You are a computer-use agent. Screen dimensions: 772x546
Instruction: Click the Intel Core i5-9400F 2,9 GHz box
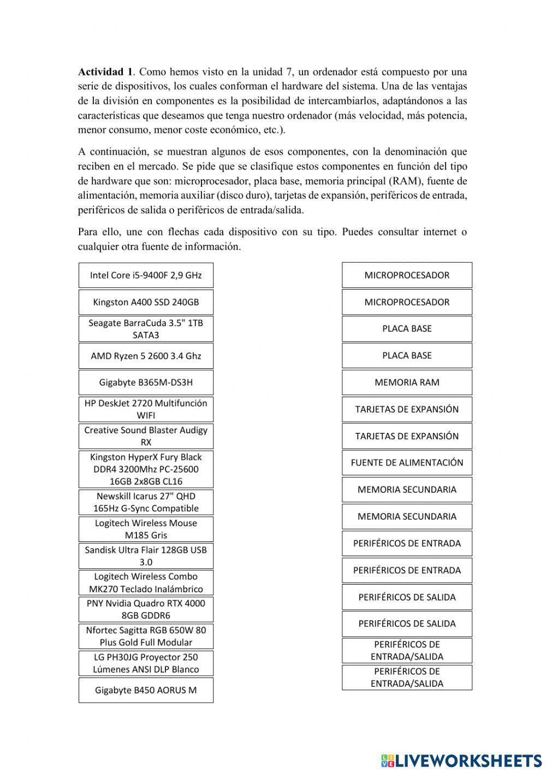146,275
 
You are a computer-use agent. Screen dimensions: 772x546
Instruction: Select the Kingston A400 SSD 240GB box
146,302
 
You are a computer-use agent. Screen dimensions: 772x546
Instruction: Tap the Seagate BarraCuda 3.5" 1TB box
146,329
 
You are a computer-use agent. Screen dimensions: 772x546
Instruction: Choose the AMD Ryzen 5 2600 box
146,356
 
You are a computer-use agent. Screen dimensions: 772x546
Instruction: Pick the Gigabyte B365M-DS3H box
146,382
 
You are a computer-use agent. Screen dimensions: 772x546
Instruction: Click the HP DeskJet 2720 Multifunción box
146,409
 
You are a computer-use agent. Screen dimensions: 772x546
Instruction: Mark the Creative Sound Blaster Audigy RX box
146,436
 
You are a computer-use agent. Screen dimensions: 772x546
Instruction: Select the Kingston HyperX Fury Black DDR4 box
146,469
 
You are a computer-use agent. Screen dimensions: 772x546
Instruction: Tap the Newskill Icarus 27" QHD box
146,502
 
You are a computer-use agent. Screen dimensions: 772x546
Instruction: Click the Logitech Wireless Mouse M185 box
146,529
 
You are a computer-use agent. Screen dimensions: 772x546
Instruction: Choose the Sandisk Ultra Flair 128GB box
146,556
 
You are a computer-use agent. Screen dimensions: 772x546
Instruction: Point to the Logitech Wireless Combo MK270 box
146,582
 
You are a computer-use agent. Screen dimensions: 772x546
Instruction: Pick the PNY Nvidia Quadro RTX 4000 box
146,609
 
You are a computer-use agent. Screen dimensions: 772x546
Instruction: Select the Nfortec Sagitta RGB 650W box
146,636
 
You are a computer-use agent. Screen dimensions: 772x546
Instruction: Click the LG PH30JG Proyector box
146,663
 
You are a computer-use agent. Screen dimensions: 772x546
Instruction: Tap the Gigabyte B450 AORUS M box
146,690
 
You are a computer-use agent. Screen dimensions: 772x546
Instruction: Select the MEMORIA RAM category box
407,382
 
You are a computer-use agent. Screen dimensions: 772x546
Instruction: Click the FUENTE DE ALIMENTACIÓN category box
407,463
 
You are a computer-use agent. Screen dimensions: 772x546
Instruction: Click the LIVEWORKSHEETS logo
461,760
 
